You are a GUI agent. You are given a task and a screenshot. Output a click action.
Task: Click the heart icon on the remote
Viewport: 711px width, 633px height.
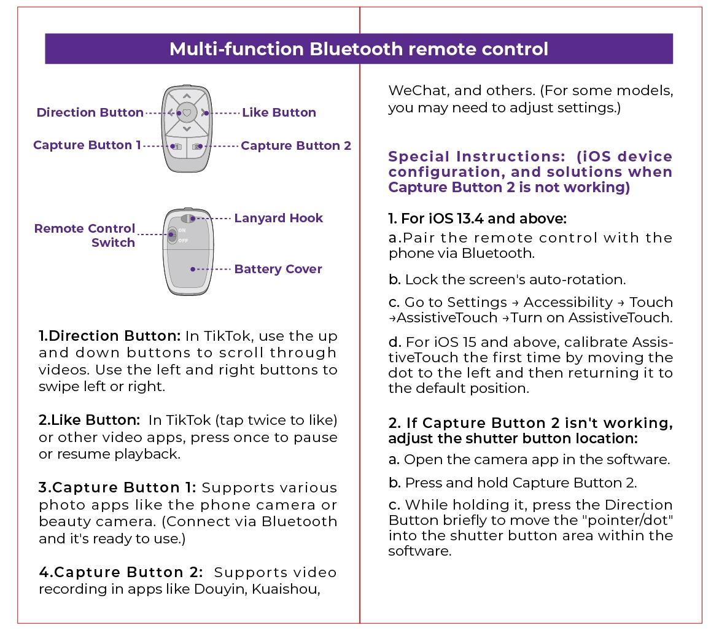click(x=187, y=113)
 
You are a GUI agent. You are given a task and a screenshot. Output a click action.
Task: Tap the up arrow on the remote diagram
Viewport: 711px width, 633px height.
click(x=187, y=96)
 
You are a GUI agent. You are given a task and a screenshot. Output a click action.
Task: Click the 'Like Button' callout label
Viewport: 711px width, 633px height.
click(x=279, y=112)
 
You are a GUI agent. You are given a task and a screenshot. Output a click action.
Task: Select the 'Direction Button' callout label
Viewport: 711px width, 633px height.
click(x=90, y=112)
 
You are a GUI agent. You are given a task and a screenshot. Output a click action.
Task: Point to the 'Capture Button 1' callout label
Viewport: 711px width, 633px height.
click(x=87, y=145)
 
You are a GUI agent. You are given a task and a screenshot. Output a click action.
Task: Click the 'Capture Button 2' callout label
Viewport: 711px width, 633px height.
click(x=296, y=146)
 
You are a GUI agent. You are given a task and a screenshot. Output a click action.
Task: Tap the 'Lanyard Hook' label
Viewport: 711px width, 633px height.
click(x=278, y=218)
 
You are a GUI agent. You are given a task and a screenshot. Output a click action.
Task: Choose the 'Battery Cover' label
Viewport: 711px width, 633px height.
click(x=278, y=269)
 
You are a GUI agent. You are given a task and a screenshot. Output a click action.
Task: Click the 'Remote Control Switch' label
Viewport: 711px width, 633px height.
click(x=85, y=235)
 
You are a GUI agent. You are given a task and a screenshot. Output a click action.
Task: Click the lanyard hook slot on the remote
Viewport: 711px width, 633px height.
click(x=192, y=218)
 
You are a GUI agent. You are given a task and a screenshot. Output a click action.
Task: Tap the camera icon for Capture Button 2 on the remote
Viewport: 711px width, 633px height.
click(x=197, y=147)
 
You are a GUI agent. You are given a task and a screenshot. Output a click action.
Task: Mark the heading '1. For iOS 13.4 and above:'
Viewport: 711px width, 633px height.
click(x=477, y=219)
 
